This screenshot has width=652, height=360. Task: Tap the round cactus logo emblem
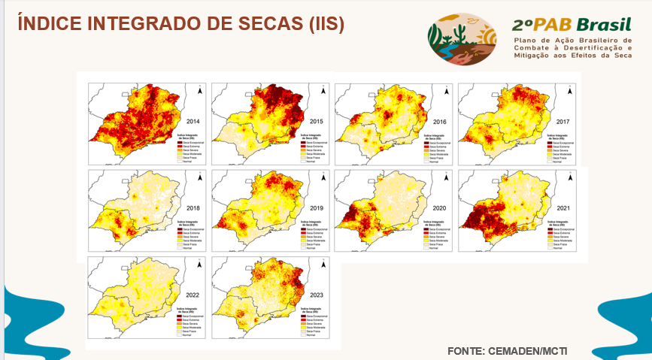coord(462,38)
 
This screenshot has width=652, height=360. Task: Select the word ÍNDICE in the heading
coord(50,23)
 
